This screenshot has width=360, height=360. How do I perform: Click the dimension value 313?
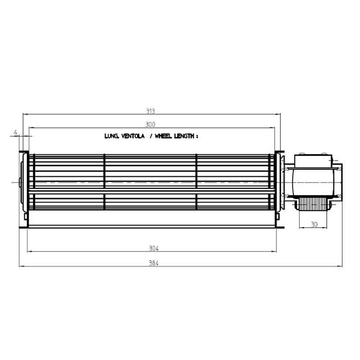click(x=150, y=111)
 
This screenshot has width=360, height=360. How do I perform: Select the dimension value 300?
click(x=150, y=125)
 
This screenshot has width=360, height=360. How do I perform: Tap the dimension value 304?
click(x=153, y=248)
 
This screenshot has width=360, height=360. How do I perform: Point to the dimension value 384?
click(x=153, y=263)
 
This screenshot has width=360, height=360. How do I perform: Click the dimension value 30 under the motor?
click(x=314, y=224)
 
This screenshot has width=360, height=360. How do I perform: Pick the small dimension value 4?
click(x=15, y=132)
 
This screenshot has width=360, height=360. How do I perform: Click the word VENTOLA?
click(x=133, y=136)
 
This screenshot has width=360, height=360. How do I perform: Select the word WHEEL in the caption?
click(x=163, y=136)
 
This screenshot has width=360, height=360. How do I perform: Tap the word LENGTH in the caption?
click(x=184, y=136)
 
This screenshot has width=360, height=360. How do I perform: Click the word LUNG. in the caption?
click(x=112, y=136)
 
